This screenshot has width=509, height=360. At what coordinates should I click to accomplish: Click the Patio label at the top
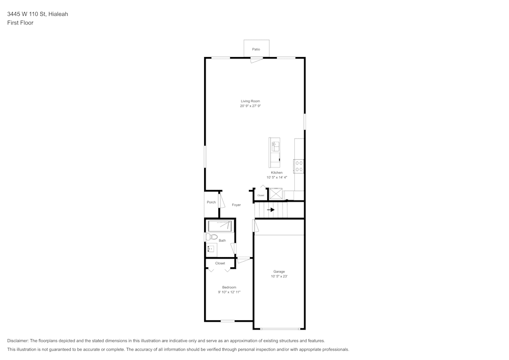[x=256, y=49]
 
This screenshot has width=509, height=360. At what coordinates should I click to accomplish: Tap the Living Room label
[x=250, y=101]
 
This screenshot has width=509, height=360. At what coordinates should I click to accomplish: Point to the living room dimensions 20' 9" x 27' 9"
[x=250, y=106]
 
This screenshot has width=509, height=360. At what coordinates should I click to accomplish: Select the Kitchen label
[x=276, y=173]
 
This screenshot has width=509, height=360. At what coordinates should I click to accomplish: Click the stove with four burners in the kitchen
[x=299, y=166]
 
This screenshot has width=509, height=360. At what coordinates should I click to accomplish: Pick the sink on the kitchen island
[x=275, y=146]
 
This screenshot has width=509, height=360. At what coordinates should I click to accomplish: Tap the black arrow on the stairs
[x=271, y=209]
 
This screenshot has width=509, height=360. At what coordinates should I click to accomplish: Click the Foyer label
[x=236, y=205]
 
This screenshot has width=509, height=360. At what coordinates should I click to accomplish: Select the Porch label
[x=211, y=202]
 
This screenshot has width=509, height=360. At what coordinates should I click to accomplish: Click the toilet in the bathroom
[x=213, y=237]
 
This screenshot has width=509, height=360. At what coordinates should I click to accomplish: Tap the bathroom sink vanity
[x=211, y=250]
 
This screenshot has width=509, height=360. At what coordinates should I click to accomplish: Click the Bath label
[x=222, y=240]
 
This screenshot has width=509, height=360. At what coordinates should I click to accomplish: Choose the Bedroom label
[x=229, y=287]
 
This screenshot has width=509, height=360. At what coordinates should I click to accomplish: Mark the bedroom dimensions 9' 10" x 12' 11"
[x=229, y=292]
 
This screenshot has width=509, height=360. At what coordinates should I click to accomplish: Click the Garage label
[x=279, y=271]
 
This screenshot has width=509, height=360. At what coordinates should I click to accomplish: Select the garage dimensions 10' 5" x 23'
[x=279, y=276]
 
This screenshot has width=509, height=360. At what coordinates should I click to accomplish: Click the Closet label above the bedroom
[x=220, y=263]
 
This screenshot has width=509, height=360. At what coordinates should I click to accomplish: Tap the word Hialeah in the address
[x=58, y=14]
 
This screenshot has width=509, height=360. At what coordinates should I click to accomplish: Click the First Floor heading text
[x=20, y=23]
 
